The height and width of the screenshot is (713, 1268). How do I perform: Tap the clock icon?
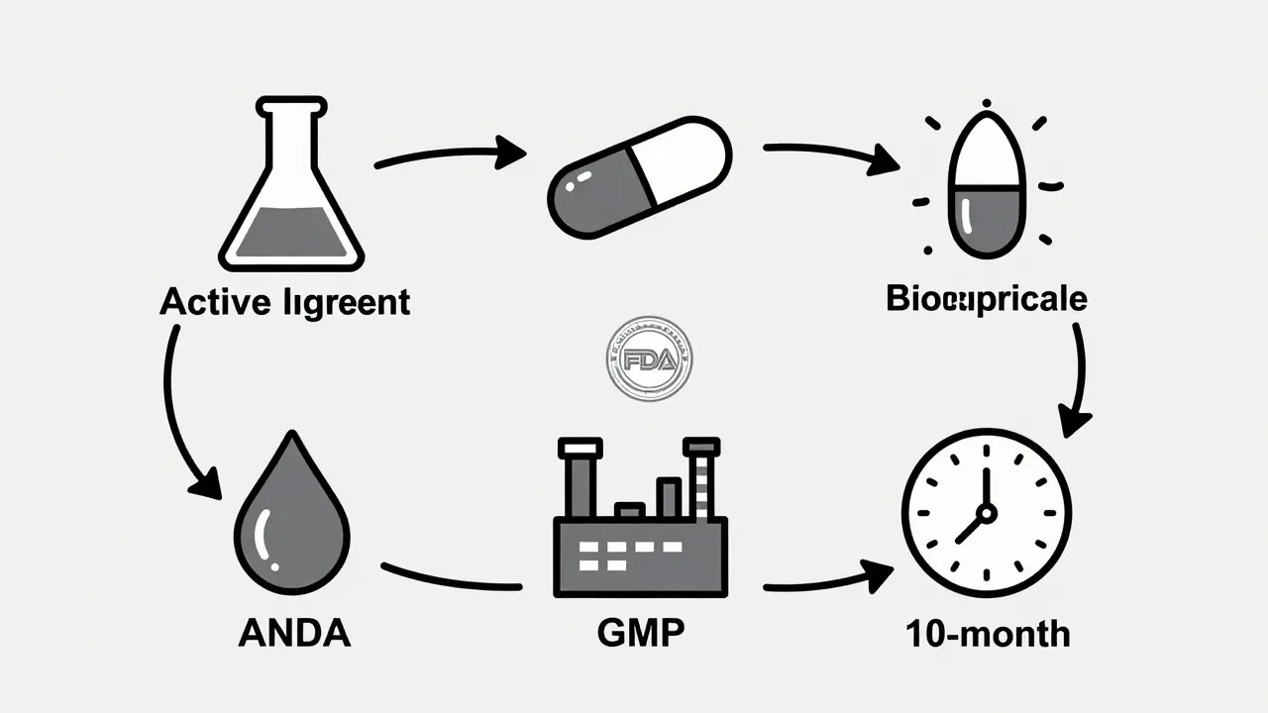[986, 513]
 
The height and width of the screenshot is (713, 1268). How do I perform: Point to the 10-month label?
[988, 633]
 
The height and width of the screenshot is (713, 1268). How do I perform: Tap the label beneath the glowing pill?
[986, 298]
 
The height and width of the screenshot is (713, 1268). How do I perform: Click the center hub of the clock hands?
[986, 512]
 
